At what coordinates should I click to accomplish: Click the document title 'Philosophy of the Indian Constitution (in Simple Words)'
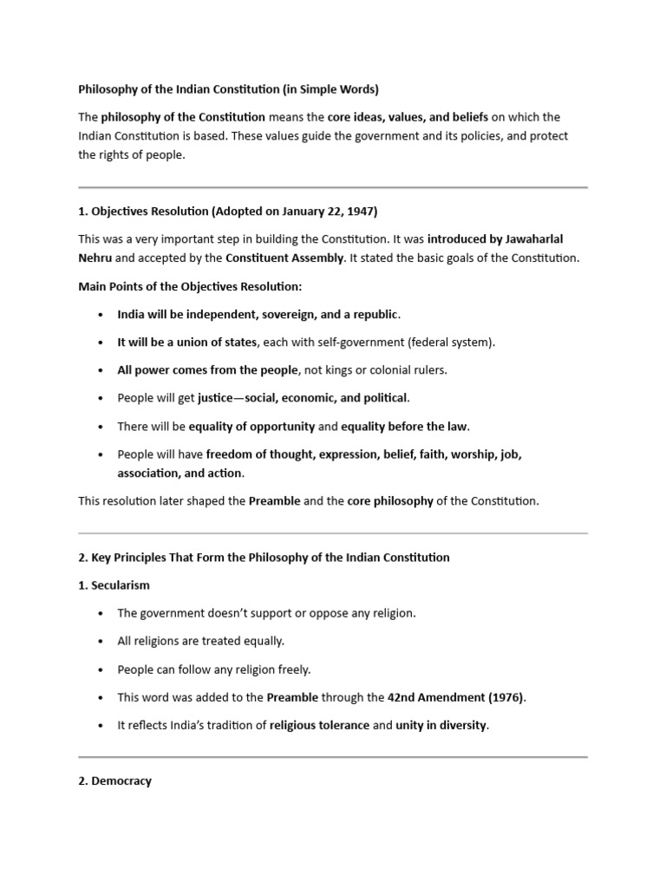[229, 88]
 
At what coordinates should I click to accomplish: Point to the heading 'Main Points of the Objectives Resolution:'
[190, 286]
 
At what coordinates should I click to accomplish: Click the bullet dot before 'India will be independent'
[101, 315]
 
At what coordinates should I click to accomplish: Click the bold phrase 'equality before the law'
[404, 426]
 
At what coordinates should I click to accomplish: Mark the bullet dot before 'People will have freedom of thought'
[101, 454]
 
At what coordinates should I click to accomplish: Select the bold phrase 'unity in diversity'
[441, 725]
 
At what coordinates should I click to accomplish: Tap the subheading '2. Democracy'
[114, 781]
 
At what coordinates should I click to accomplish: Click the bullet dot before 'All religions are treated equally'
[101, 642]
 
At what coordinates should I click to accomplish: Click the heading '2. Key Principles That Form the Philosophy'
[264, 558]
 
